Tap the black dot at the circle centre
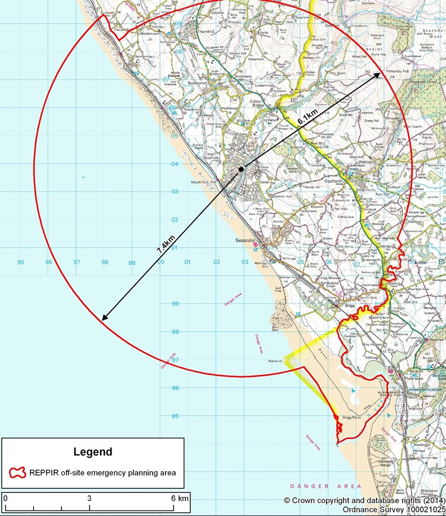tap(241, 168)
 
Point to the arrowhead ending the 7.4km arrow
tap(104, 318)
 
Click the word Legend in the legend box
tap(92, 452)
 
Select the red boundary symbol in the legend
tap(18, 472)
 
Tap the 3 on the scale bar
tap(89, 499)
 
